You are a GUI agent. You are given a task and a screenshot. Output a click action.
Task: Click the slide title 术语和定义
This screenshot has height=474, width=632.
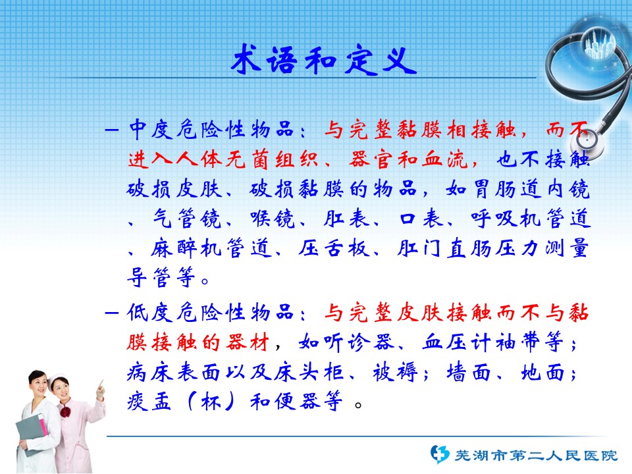coord(324,60)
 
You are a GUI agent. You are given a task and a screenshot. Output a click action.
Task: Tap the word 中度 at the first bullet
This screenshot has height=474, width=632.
coord(151,130)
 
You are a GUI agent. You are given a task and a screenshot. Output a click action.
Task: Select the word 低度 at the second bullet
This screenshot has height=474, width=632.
coord(150,312)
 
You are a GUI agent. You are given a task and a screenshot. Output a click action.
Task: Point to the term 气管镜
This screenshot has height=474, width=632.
coord(187,219)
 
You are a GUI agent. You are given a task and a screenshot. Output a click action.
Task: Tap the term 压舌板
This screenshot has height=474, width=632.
coord(334,248)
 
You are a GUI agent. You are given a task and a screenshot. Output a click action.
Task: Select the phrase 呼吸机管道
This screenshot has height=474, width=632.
coord(531,219)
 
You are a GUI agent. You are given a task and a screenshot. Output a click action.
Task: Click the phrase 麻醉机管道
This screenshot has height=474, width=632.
coord(211,248)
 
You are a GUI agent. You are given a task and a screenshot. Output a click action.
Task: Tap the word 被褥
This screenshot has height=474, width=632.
coord(396,372)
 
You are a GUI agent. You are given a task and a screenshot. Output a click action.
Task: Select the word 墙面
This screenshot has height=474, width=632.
coord(469,372)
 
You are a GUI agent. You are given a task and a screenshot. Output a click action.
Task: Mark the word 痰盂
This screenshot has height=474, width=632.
coord(149,402)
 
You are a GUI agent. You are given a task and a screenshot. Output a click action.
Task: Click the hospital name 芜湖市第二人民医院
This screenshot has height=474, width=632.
coord(536,456)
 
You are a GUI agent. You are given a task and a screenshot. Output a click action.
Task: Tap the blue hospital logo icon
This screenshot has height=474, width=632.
coord(440,454)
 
